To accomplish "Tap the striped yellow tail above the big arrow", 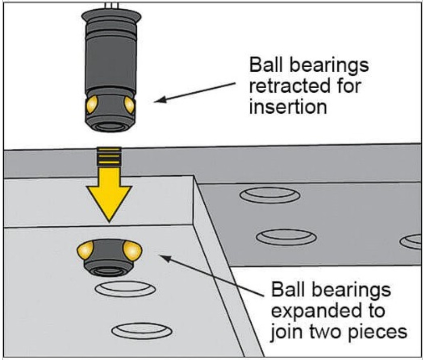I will tap(109, 156).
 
